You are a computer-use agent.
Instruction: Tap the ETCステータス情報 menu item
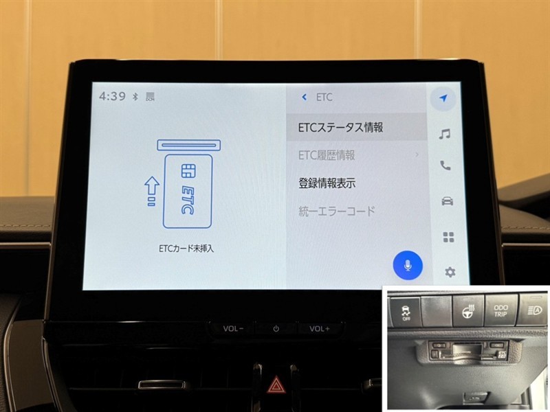coord(340,127)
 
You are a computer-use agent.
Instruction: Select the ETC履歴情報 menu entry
coord(327,155)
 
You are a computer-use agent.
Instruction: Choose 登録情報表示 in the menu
coord(327,183)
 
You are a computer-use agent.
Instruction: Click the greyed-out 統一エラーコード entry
coord(337,211)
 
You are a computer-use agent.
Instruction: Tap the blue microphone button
coord(408,265)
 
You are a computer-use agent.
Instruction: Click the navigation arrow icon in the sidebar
coord(443,98)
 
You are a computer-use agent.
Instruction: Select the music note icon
coord(445,134)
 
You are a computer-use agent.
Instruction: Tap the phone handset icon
coord(445,165)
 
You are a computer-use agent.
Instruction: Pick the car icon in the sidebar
coord(448,201)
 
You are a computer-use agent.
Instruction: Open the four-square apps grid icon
coord(449,237)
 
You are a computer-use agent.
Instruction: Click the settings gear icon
coord(450,272)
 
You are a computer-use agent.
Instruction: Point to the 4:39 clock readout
coord(112,96)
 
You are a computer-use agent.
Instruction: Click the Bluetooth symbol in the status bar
coord(135,96)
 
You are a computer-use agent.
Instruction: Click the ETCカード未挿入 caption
coord(186,249)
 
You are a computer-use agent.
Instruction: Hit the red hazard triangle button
coord(276,385)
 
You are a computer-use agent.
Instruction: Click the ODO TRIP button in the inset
coord(500,310)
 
